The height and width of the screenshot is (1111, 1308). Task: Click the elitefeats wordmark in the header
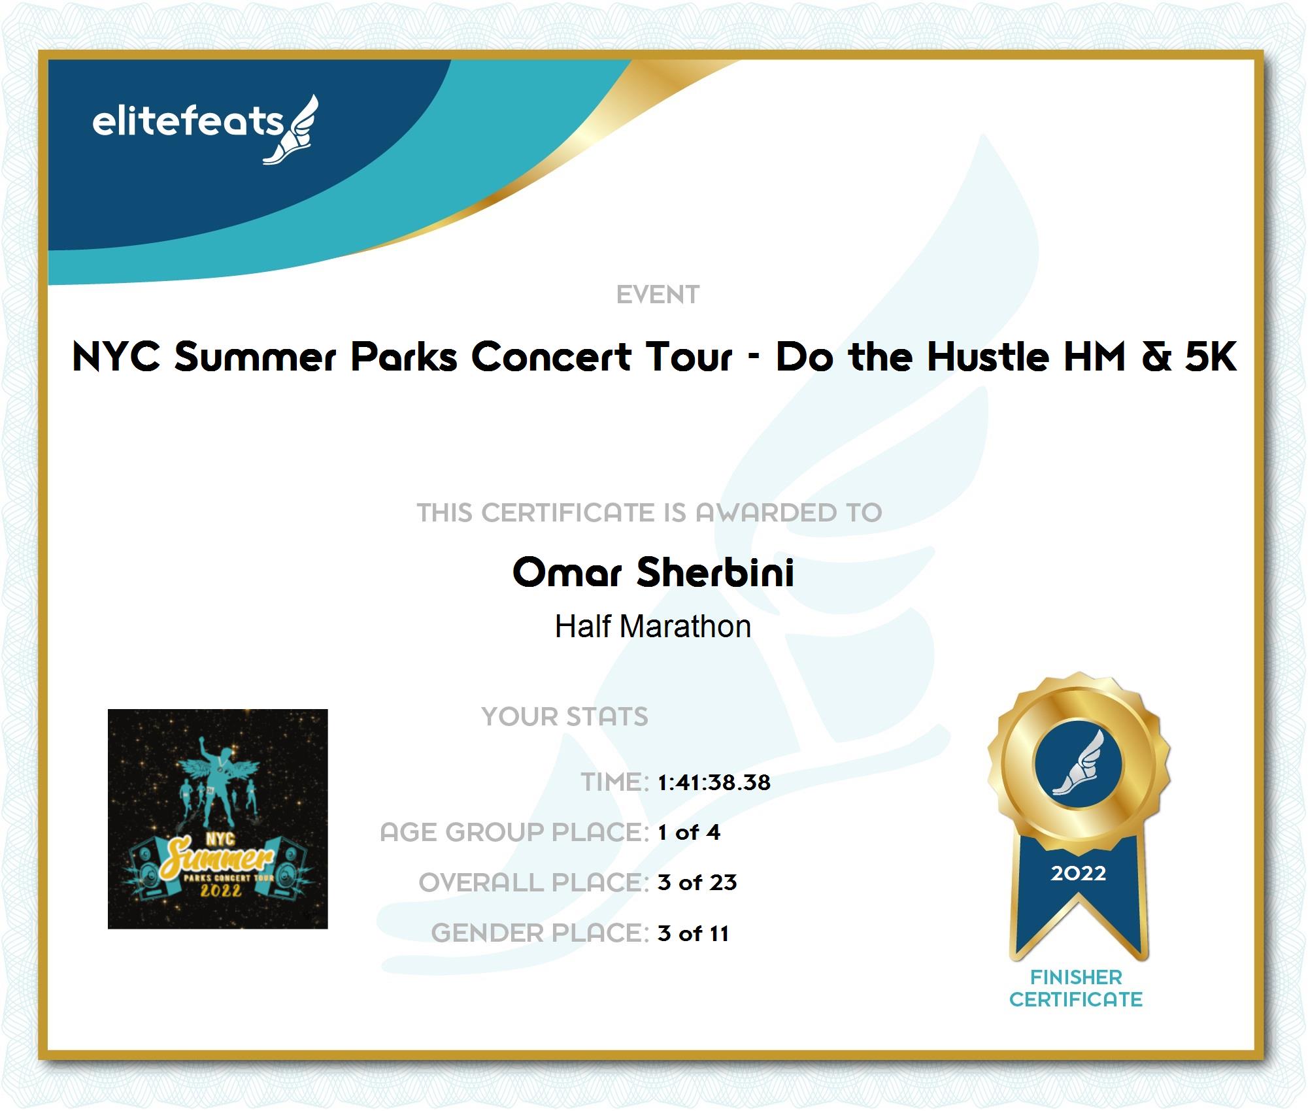tap(188, 122)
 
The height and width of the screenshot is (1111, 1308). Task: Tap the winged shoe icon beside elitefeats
tap(291, 129)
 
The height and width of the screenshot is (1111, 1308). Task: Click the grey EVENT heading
tap(658, 295)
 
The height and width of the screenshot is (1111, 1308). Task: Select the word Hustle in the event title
tap(988, 357)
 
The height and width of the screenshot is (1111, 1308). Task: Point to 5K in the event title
tap(1211, 357)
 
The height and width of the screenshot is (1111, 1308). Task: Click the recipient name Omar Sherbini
tap(653, 572)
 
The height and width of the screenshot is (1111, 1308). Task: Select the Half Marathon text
tap(653, 626)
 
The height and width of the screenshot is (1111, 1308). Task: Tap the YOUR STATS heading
tap(565, 716)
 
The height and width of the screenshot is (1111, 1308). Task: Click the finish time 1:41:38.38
tap(714, 782)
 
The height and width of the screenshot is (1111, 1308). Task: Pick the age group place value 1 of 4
tap(689, 833)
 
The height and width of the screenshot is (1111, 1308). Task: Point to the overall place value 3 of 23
tap(697, 883)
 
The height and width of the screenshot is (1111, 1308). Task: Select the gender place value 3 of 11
tap(694, 933)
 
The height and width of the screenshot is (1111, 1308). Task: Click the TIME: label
tap(614, 782)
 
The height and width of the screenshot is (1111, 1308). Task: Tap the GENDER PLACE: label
tap(540, 933)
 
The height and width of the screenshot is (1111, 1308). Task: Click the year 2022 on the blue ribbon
tap(1079, 873)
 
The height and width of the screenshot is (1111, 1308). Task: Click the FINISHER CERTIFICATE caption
tap(1076, 988)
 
